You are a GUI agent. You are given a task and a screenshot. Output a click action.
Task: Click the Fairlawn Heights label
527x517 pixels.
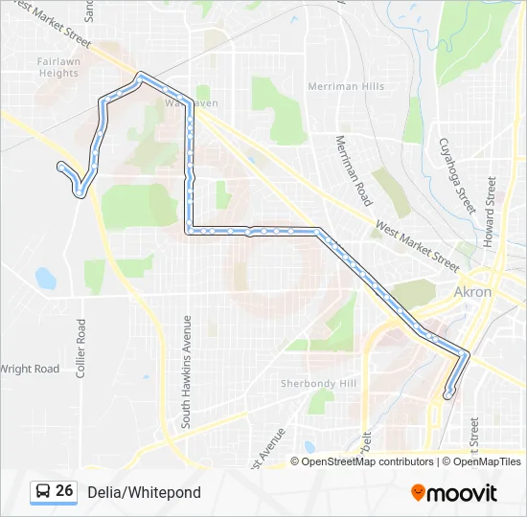(58, 67)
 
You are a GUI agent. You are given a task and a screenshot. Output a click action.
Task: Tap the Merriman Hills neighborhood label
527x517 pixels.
(346, 86)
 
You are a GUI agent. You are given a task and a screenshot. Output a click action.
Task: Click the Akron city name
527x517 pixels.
(472, 291)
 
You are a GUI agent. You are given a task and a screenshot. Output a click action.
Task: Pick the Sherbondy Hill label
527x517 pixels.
(318, 383)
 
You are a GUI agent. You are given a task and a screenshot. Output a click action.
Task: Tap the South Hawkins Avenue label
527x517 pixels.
(188, 371)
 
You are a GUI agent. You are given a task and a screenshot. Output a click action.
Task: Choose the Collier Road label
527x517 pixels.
(81, 348)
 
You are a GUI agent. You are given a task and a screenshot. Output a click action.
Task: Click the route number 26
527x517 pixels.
(64, 491)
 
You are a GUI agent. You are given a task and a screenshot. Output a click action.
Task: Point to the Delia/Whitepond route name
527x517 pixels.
(144, 492)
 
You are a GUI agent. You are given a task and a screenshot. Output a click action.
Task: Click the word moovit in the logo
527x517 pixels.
(462, 493)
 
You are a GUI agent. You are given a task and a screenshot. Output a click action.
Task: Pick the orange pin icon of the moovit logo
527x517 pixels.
(418, 492)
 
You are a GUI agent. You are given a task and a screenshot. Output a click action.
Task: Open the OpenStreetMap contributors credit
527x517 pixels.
(367, 461)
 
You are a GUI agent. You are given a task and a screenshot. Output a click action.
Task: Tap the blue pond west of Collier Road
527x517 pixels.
(45, 279)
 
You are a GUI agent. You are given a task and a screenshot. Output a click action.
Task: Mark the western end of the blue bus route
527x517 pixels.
(62, 168)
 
